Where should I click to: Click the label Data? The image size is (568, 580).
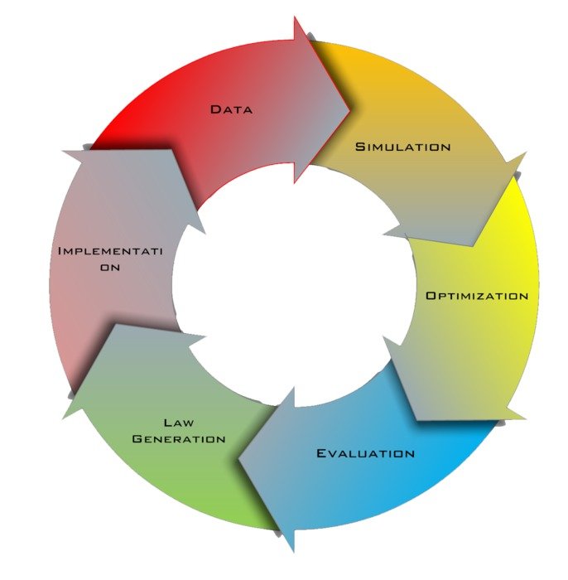(230, 109)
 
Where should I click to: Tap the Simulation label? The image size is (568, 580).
(402, 147)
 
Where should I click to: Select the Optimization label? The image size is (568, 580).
(476, 296)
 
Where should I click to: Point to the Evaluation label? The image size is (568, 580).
(365, 453)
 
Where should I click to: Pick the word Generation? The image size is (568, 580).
(179, 438)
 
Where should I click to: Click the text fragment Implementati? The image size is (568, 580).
(112, 250)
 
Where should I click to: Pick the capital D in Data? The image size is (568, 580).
(214, 109)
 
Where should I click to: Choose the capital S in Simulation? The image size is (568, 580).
(359, 147)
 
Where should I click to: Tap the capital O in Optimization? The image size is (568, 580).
(431, 296)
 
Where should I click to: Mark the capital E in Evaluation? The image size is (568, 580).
(322, 453)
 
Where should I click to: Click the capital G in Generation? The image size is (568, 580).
(138, 438)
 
